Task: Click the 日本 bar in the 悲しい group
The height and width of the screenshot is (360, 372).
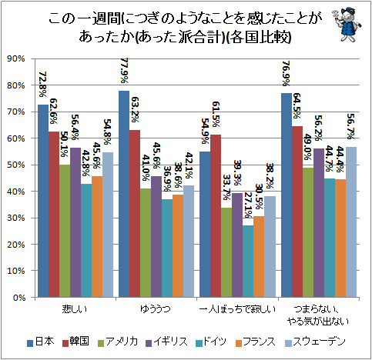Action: (x=43, y=201)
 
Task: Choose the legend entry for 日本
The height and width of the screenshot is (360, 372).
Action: (x=42, y=341)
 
